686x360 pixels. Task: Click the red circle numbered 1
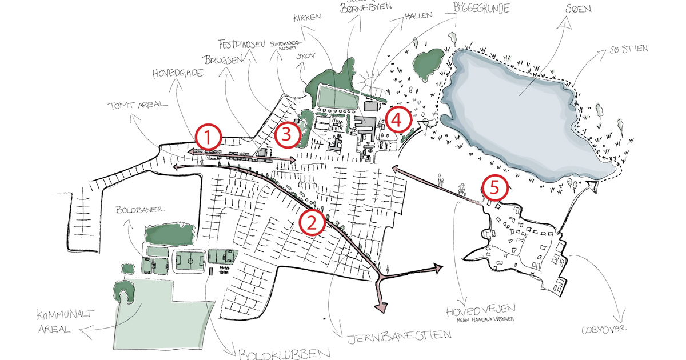pyautogui.click(x=209, y=137)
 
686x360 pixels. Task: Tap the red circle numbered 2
pyautogui.click(x=312, y=222)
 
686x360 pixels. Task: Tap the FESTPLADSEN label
pyautogui.click(x=242, y=44)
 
